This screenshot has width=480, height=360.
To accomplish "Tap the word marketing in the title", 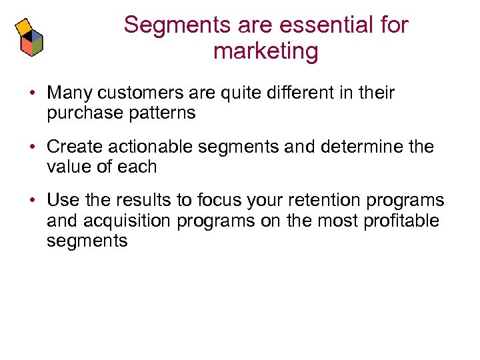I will tap(266, 51).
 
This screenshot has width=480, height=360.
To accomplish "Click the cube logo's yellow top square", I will tap(24, 25).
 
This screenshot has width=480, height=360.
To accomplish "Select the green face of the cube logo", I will tap(37, 45).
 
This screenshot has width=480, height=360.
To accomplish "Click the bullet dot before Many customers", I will tap(32, 93).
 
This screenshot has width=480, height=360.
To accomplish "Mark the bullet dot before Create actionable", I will tap(32, 147).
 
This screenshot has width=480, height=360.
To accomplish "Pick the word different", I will tap(289, 93).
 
